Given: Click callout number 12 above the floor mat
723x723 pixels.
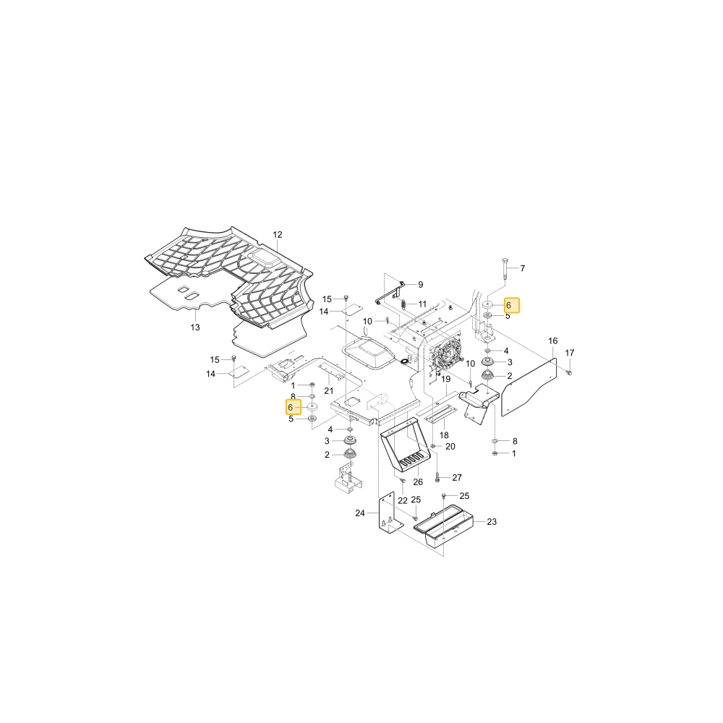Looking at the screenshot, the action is (x=277, y=235).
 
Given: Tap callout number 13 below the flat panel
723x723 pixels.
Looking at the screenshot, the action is (x=195, y=328).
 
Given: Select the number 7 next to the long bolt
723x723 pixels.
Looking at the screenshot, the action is (x=523, y=268).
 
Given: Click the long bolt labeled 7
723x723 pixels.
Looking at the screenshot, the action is (x=506, y=269).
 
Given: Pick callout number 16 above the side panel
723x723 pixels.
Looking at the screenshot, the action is (x=553, y=341).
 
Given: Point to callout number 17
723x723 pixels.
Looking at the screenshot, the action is (x=570, y=354).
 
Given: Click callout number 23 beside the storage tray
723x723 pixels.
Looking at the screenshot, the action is (x=492, y=522).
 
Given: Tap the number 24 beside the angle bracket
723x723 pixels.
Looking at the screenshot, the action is (x=360, y=513).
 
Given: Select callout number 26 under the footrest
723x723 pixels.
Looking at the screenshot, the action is (x=418, y=482).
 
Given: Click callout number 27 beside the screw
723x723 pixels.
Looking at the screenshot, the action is (x=457, y=478).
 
